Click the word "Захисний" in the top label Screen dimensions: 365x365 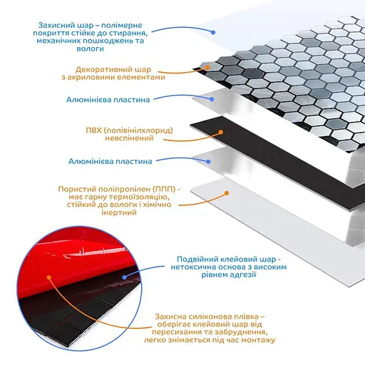click(54, 25)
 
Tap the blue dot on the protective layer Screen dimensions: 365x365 click(213, 32)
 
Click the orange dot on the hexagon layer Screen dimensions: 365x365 click(207, 67)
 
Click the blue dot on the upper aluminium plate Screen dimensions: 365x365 click(212, 99)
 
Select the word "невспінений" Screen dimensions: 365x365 click(129, 138)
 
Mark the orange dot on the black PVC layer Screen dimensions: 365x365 click(221, 132)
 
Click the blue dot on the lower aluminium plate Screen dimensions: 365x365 click(208, 162)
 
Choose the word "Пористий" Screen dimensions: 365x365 click(77, 189)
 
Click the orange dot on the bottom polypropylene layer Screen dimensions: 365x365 click(227, 193)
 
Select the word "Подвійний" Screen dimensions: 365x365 click(197, 259)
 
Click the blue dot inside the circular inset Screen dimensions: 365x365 click(124, 277)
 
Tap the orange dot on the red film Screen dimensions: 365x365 click(49, 277)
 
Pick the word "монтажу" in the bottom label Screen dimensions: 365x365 click(258, 340)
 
